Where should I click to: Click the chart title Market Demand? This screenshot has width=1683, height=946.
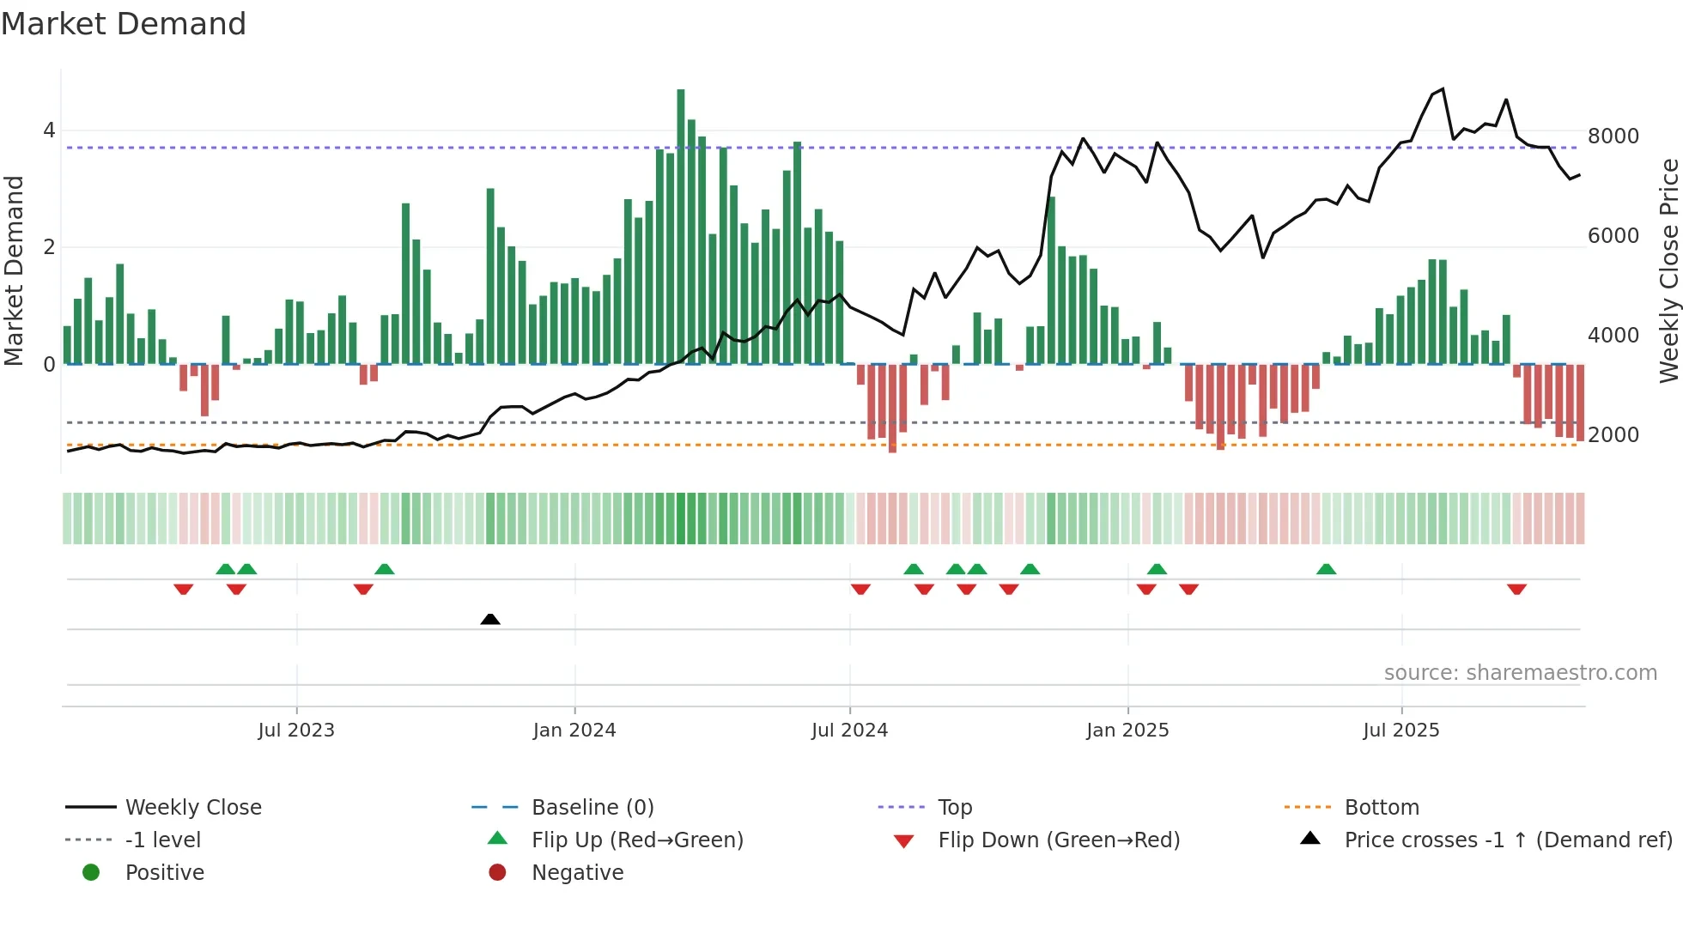124,24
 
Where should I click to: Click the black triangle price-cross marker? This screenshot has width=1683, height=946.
490,619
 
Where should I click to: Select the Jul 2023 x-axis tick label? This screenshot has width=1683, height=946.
296,731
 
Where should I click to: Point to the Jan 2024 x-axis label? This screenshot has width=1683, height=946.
574,731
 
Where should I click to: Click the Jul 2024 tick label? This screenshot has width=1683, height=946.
849,731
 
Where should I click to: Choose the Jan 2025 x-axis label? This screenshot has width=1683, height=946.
1127,731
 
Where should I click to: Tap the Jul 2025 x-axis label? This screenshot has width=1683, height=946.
1401,731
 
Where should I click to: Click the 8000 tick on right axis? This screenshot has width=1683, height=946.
1613,136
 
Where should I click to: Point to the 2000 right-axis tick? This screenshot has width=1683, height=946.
1613,435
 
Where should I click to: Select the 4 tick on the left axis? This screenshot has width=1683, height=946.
49,130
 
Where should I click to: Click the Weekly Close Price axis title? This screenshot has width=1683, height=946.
1668,270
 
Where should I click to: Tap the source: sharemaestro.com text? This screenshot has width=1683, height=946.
1520,673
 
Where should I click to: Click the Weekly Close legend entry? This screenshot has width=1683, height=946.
193,808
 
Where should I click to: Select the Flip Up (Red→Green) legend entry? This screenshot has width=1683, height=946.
637,840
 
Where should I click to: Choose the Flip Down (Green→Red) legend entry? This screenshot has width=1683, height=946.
1059,840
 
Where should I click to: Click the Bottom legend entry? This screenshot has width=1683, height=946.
1382,808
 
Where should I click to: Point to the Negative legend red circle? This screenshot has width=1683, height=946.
497,873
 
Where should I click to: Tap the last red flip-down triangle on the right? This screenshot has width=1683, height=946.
1516,589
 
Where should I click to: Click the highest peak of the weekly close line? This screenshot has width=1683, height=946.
1443,89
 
